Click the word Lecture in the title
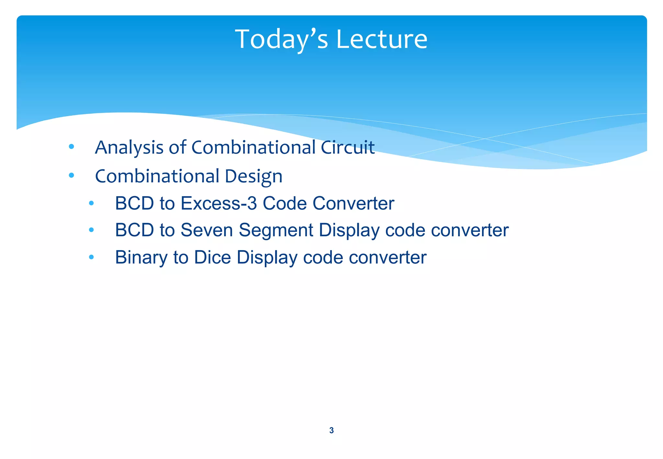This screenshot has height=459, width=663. (382, 39)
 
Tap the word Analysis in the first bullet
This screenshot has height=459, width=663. (129, 148)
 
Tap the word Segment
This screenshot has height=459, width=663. (275, 230)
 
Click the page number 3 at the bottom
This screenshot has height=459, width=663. (331, 430)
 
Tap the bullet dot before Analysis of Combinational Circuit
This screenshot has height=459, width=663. (72, 147)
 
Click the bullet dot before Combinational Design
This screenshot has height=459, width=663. (72, 175)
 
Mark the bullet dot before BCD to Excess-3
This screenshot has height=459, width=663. (91, 203)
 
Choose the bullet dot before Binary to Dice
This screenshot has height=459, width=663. (91, 257)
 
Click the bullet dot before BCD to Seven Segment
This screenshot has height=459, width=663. (91, 230)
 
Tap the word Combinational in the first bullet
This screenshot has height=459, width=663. (253, 148)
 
